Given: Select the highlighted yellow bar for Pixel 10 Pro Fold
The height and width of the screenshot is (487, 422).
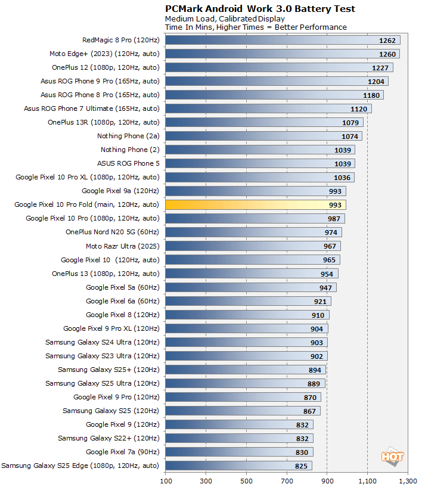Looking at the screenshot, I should pyautogui.click(x=255, y=204).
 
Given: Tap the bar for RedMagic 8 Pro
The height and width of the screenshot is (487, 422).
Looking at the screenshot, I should pyautogui.click(x=283, y=40).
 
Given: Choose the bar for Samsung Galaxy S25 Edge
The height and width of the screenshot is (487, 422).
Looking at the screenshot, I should pyautogui.click(x=238, y=466).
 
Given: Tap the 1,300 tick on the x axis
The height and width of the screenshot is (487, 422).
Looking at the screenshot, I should pyautogui.click(x=408, y=479).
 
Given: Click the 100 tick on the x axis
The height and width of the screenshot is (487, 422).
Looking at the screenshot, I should pyautogui.click(x=165, y=479).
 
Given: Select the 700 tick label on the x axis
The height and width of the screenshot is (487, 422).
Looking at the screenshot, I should pyautogui.click(x=287, y=479).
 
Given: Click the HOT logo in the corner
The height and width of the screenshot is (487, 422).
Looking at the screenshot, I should pyautogui.click(x=393, y=457).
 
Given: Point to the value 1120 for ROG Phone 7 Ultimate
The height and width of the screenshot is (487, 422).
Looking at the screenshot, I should pyautogui.click(x=359, y=108).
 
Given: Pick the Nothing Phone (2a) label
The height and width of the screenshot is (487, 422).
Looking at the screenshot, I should pyautogui.click(x=128, y=136).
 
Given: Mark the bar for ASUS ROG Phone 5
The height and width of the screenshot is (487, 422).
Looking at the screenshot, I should pyautogui.click(x=260, y=163).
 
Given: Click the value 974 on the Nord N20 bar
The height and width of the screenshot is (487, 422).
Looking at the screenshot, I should pyautogui.click(x=331, y=232).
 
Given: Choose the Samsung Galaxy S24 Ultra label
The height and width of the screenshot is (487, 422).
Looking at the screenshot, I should pyautogui.click(x=103, y=342).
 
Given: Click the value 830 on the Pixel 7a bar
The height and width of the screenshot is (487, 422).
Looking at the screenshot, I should pyautogui.click(x=302, y=452).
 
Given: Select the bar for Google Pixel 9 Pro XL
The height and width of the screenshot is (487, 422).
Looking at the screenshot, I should pyautogui.click(x=246, y=328).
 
